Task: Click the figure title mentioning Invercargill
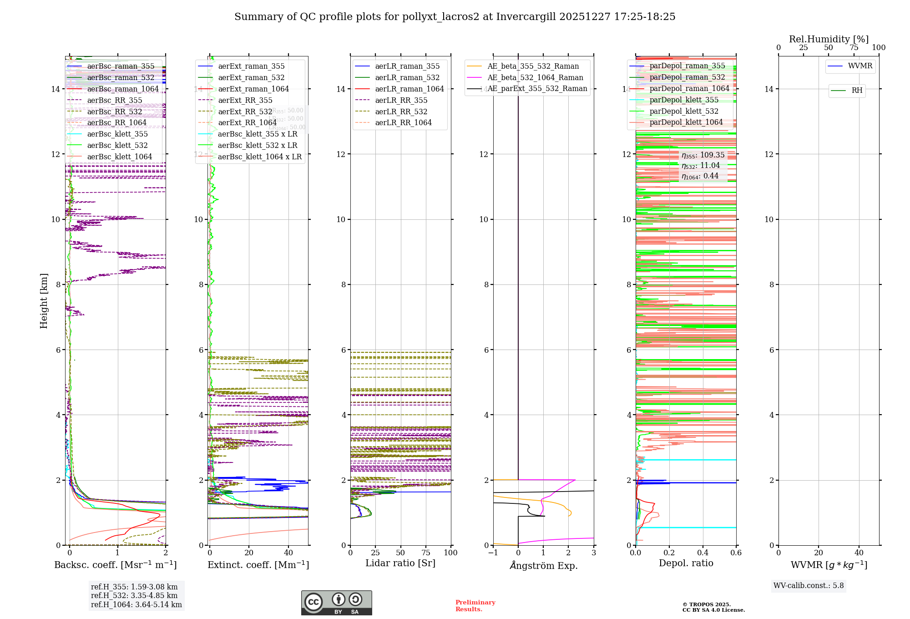tap(455, 17)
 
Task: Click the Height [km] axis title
tap(44, 300)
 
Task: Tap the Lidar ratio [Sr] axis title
tap(400, 563)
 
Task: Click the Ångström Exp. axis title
tap(543, 565)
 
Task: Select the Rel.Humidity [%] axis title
tap(829, 39)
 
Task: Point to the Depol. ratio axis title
tap(686, 563)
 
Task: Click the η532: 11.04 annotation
tap(701, 166)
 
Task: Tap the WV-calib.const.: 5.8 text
tap(809, 586)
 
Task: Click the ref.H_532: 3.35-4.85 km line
tap(134, 595)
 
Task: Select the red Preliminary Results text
tap(475, 605)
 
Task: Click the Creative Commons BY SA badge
tap(336, 603)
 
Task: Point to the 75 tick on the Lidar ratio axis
tap(426, 553)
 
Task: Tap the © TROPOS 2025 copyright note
tap(713, 607)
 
